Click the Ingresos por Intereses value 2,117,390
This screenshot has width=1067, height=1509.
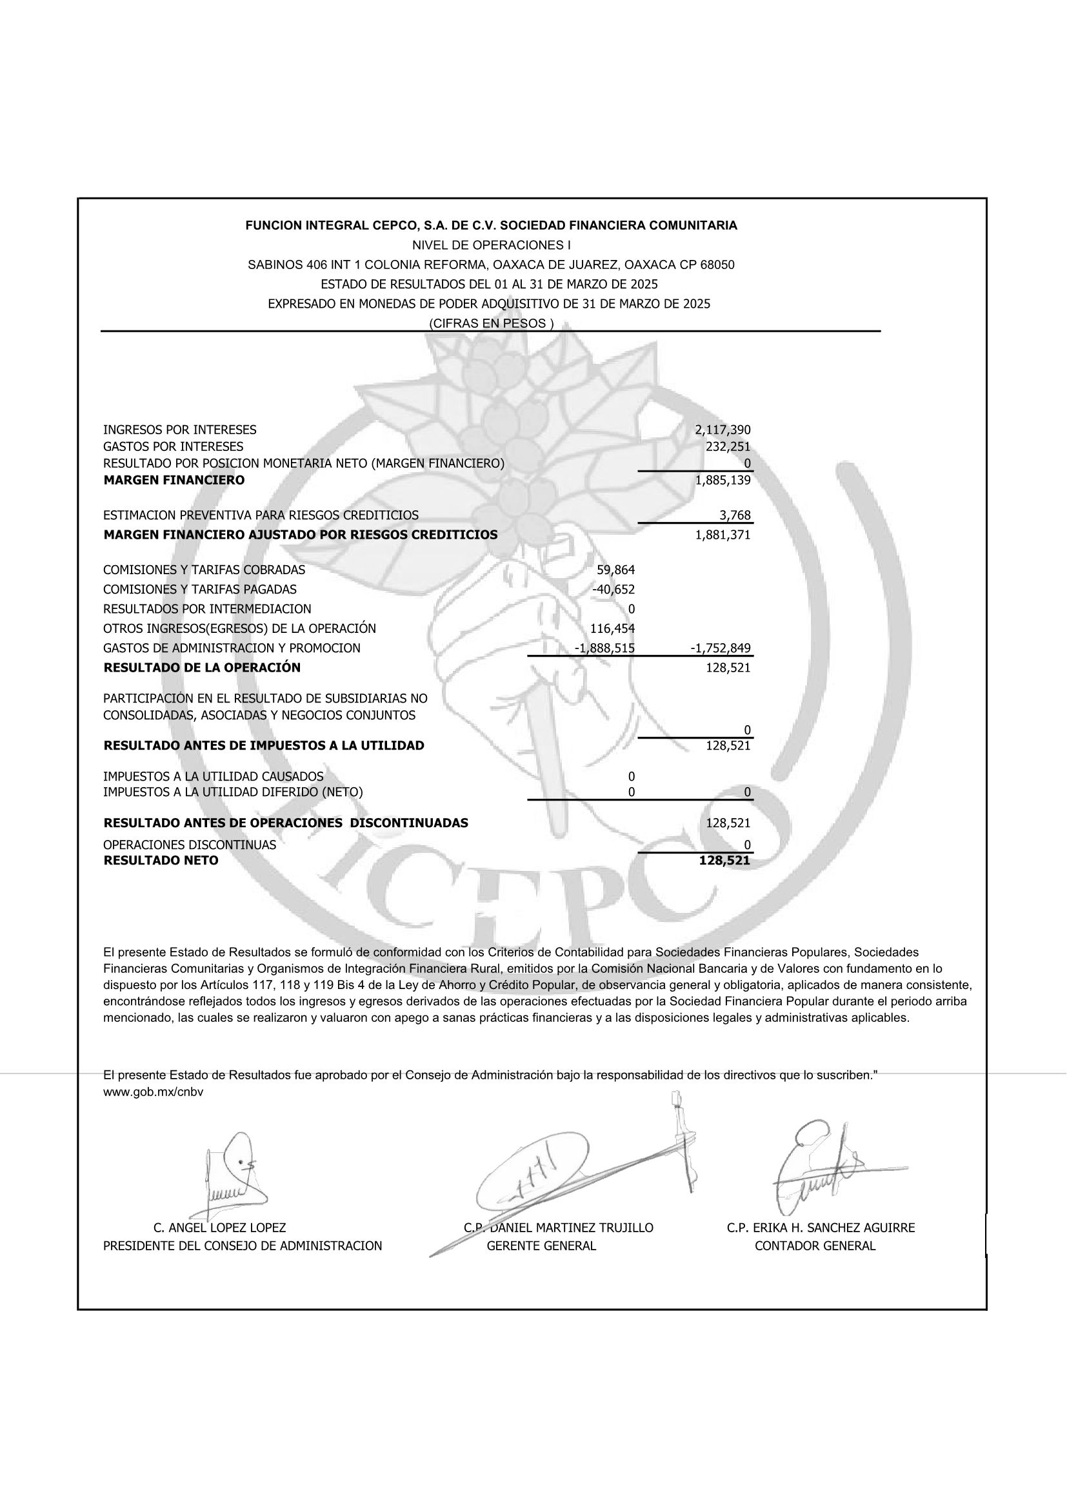point(722,430)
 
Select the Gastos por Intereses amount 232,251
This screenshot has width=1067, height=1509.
point(726,447)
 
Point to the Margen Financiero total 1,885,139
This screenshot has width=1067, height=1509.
point(722,480)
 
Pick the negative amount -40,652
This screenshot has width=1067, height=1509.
point(613,589)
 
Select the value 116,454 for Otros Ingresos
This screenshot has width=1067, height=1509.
point(612,628)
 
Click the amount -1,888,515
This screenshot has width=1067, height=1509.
point(604,648)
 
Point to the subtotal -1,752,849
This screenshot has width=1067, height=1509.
point(720,648)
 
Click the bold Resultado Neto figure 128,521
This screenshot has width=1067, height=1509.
point(724,861)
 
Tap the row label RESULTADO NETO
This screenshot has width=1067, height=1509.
point(161,861)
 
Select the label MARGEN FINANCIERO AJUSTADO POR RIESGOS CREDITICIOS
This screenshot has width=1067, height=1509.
point(300,534)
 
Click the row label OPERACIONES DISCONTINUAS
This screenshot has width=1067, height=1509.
point(189,844)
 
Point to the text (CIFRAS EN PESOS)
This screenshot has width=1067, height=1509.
point(491,323)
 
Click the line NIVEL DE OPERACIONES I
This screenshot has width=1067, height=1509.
point(491,245)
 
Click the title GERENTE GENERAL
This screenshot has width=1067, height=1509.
point(541,1245)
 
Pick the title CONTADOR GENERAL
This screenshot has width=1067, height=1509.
point(815,1245)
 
